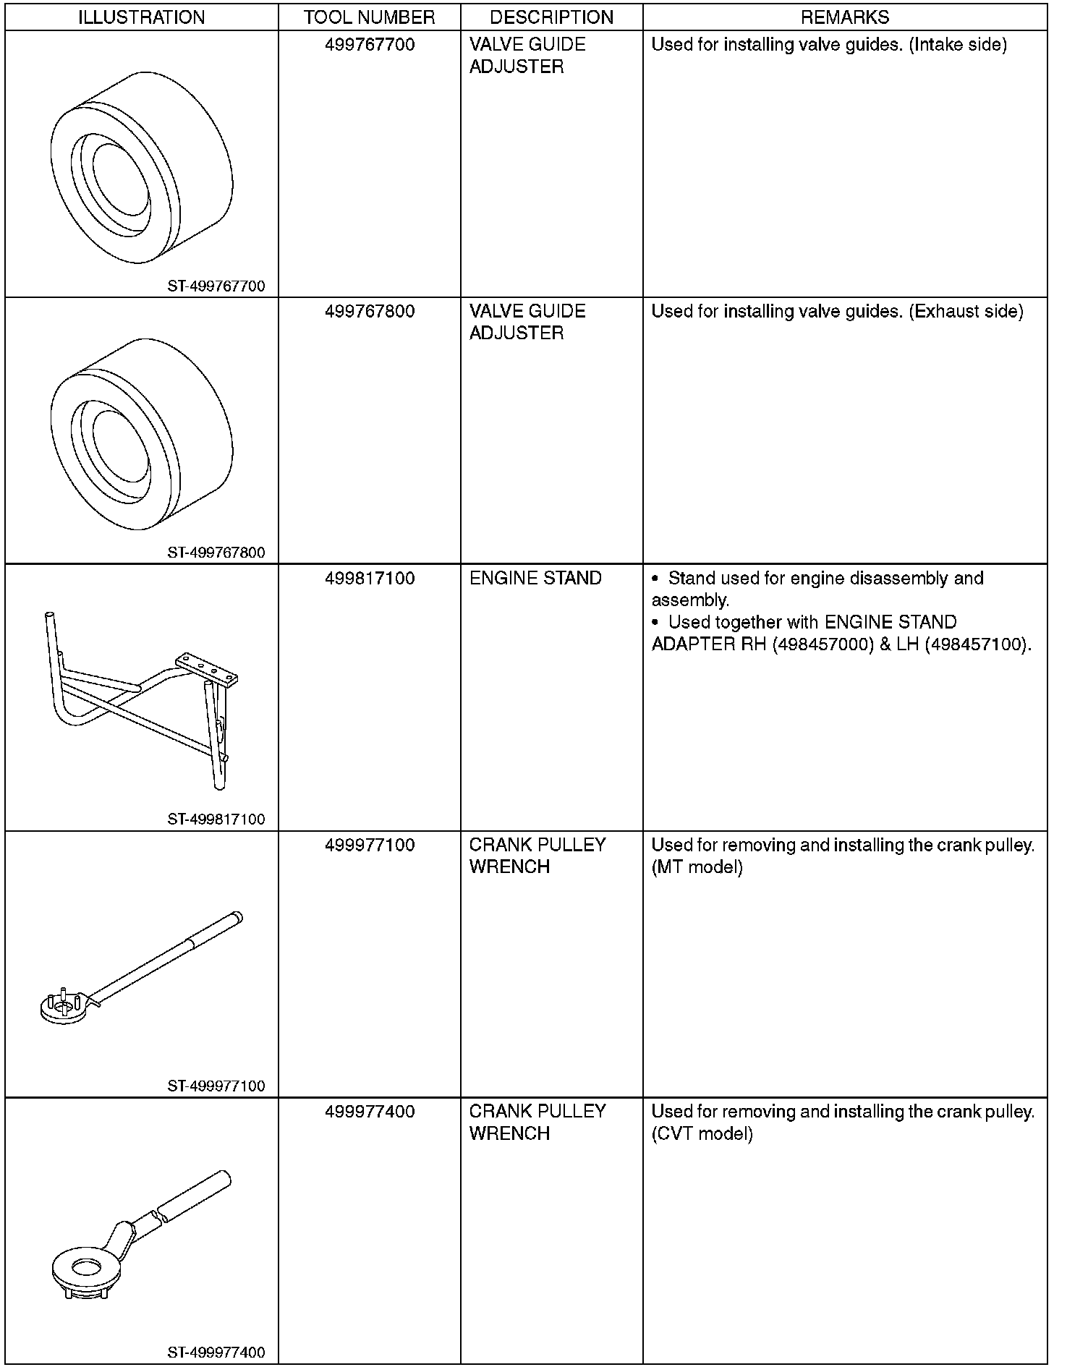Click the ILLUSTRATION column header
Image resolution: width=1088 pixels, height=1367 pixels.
141,17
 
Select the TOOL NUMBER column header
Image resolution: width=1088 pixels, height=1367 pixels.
369,17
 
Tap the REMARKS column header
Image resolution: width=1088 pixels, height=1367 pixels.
844,17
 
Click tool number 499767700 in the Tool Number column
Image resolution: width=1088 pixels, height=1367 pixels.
370,45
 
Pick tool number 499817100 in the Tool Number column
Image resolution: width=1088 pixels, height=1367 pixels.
370,579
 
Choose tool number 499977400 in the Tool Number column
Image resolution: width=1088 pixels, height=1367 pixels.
370,1112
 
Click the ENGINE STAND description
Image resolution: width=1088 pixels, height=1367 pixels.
535,579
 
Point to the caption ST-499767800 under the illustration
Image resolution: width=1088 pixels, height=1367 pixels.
216,553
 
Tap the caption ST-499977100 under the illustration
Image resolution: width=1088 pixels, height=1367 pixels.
216,1086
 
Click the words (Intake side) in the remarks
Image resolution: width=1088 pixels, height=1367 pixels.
958,45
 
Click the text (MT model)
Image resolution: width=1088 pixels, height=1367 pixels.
697,867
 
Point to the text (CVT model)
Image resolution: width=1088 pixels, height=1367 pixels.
702,1133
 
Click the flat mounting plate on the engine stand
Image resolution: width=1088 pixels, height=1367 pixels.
207,669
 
